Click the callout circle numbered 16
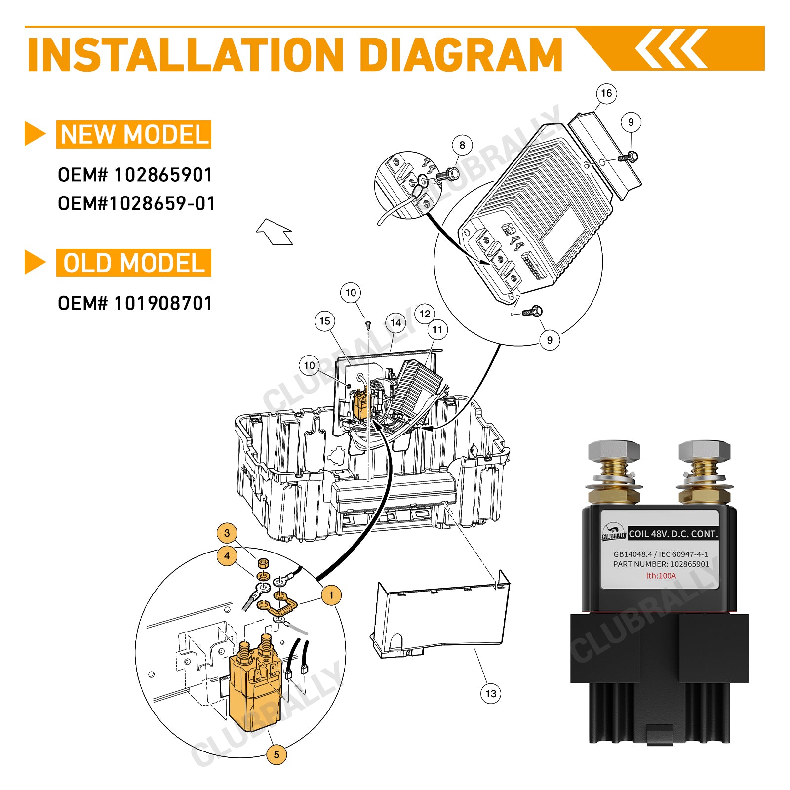tap(606, 93)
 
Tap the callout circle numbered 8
tap(462, 145)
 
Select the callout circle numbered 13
tap(491, 693)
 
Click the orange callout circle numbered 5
tap(276, 754)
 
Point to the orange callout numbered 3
tap(227, 533)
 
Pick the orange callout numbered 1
tap(331, 595)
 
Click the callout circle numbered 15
tap(324, 321)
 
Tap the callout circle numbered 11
tap(437, 330)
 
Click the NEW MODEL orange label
tap(134, 135)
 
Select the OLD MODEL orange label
tap(134, 263)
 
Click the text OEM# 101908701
tap(135, 303)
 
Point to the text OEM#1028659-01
tap(136, 203)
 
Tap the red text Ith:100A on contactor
tap(661, 576)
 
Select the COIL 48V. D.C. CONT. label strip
tap(673, 534)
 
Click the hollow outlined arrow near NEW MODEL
tap(275, 232)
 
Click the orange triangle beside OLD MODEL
tap(35, 262)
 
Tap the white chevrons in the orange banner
tap(671, 48)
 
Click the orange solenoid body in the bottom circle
tap(254, 696)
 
